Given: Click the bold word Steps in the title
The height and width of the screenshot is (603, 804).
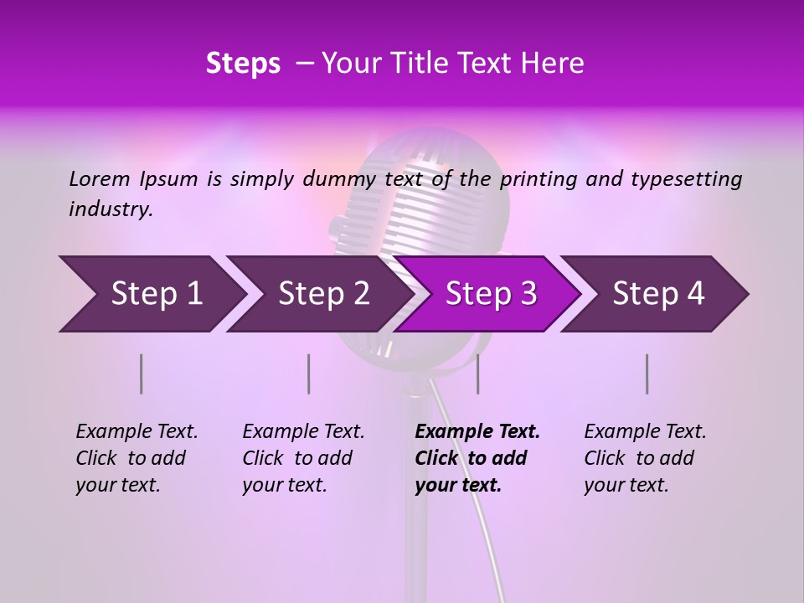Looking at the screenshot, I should coord(243,64).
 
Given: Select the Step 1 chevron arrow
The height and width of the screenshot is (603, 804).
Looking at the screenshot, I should coord(152,294).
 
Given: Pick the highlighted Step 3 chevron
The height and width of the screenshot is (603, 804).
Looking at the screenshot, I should coord(490,294).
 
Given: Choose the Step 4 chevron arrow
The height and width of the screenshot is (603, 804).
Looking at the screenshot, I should coord(657,294).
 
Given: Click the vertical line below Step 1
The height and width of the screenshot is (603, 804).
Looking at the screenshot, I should coord(142,374).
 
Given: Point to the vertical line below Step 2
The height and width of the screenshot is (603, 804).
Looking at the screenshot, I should coord(309,374).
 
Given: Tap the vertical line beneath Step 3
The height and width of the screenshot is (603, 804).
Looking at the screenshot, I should coord(477,374).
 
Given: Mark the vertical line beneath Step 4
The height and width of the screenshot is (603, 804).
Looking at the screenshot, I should coord(647,374).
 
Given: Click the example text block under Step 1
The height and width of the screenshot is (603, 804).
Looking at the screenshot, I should coord(137,458).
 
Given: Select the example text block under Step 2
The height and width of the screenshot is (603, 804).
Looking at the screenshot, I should coord(303,458).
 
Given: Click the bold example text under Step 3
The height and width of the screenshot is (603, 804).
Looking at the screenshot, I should coord(477,458).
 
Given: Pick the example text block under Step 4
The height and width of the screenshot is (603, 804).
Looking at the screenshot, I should coord(645,458).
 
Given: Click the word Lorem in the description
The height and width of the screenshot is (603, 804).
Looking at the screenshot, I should coord(99,179).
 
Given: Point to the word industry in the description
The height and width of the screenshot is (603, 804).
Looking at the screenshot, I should coord(110,209).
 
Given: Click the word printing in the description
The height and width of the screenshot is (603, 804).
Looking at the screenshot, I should coord(540,179).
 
